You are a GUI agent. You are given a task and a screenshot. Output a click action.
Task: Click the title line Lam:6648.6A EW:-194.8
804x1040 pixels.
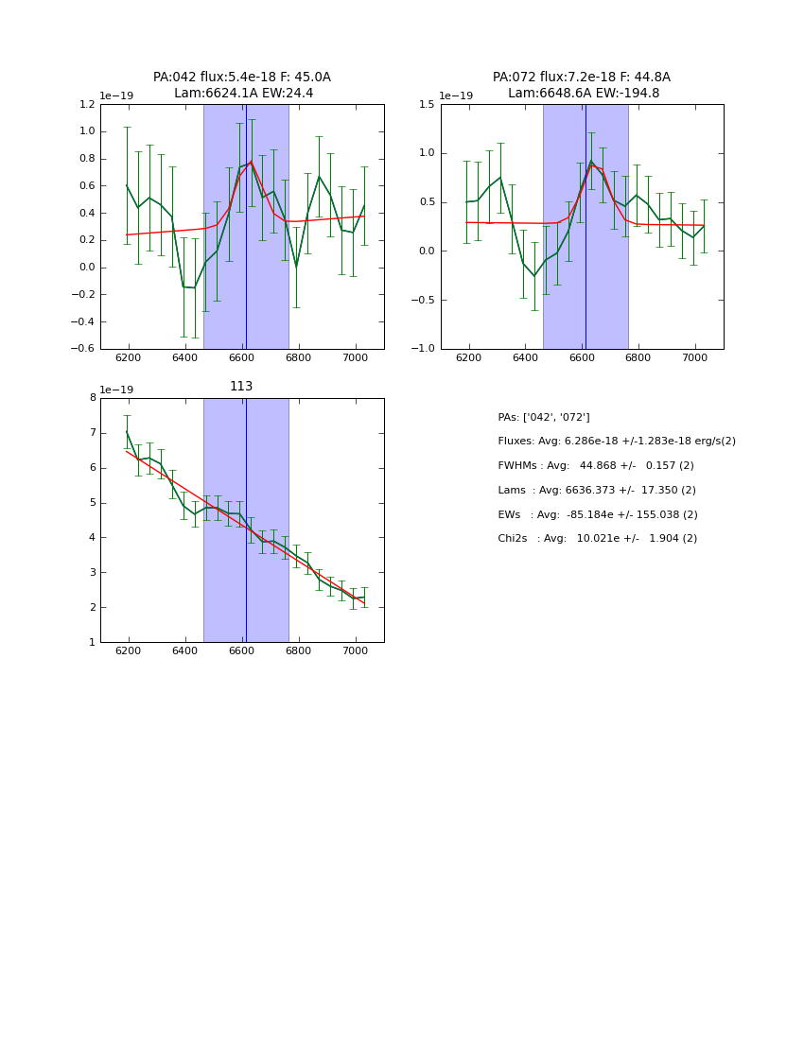pyautogui.click(x=583, y=93)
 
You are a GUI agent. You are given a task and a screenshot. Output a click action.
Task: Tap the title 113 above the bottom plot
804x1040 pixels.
pyautogui.click(x=241, y=386)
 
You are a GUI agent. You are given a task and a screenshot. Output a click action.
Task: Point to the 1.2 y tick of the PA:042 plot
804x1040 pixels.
pyautogui.click(x=85, y=105)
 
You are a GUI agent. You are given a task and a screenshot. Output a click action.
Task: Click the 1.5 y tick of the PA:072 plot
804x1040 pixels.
pyautogui.click(x=426, y=105)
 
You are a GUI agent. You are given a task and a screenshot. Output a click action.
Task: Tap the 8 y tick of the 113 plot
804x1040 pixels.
pyautogui.click(x=92, y=398)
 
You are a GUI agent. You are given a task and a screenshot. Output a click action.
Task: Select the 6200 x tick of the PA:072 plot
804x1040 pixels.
pyautogui.click(x=468, y=359)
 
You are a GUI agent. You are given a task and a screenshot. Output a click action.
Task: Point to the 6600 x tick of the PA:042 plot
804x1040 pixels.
pyautogui.click(x=242, y=359)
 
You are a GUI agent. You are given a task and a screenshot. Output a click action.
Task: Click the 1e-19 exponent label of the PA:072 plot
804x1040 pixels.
pyautogui.click(x=456, y=96)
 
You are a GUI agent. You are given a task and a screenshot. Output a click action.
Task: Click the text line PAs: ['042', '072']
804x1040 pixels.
pyautogui.click(x=544, y=417)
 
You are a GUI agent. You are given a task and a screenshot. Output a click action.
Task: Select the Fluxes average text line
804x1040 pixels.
pyautogui.click(x=616, y=442)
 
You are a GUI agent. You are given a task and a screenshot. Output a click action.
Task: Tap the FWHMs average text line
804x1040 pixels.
pyautogui.click(x=596, y=465)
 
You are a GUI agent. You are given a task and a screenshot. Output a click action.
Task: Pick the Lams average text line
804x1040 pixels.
pyautogui.click(x=597, y=490)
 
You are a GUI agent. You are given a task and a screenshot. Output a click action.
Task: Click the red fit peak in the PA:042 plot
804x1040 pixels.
pyautogui.click(x=251, y=162)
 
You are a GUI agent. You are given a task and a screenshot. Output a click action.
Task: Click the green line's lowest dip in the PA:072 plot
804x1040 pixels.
pyautogui.click(x=533, y=276)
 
